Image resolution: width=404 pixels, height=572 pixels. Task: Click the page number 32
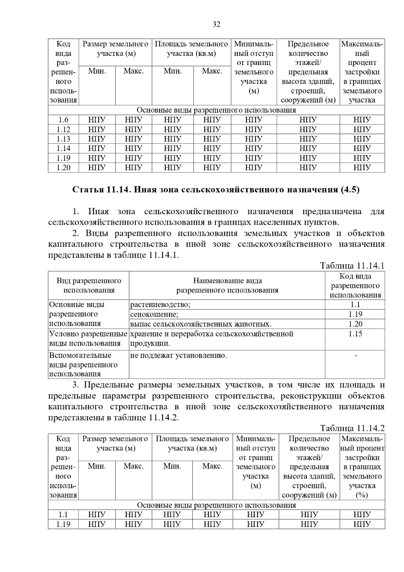[x=216, y=24]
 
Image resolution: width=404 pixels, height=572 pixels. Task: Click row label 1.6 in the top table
[x=63, y=120]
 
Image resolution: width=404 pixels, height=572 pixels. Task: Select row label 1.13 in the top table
[x=63, y=139]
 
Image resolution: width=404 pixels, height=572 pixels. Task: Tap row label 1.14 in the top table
[x=63, y=148]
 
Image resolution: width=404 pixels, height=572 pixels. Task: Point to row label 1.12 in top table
[x=63, y=129]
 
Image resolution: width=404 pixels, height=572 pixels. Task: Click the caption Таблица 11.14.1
[x=352, y=266]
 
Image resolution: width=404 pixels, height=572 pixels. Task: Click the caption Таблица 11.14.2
[x=352, y=428]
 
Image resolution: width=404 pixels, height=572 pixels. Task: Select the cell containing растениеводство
[x=160, y=305]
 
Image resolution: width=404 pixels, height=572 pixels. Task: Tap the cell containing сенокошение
[x=154, y=314]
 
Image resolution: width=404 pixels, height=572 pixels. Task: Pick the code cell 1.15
[x=355, y=334]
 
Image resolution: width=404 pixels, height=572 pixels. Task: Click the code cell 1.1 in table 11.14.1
[x=355, y=305]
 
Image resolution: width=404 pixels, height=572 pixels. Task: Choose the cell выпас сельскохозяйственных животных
[x=201, y=324]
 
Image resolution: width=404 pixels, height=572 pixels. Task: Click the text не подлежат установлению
[x=178, y=355]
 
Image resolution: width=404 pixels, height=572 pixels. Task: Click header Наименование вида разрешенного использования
[x=227, y=285]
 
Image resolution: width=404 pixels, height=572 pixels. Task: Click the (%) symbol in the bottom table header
[x=362, y=495]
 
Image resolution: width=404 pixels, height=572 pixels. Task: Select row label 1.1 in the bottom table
[x=63, y=514]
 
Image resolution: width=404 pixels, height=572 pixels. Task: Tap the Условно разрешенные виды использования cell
[x=88, y=339]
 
